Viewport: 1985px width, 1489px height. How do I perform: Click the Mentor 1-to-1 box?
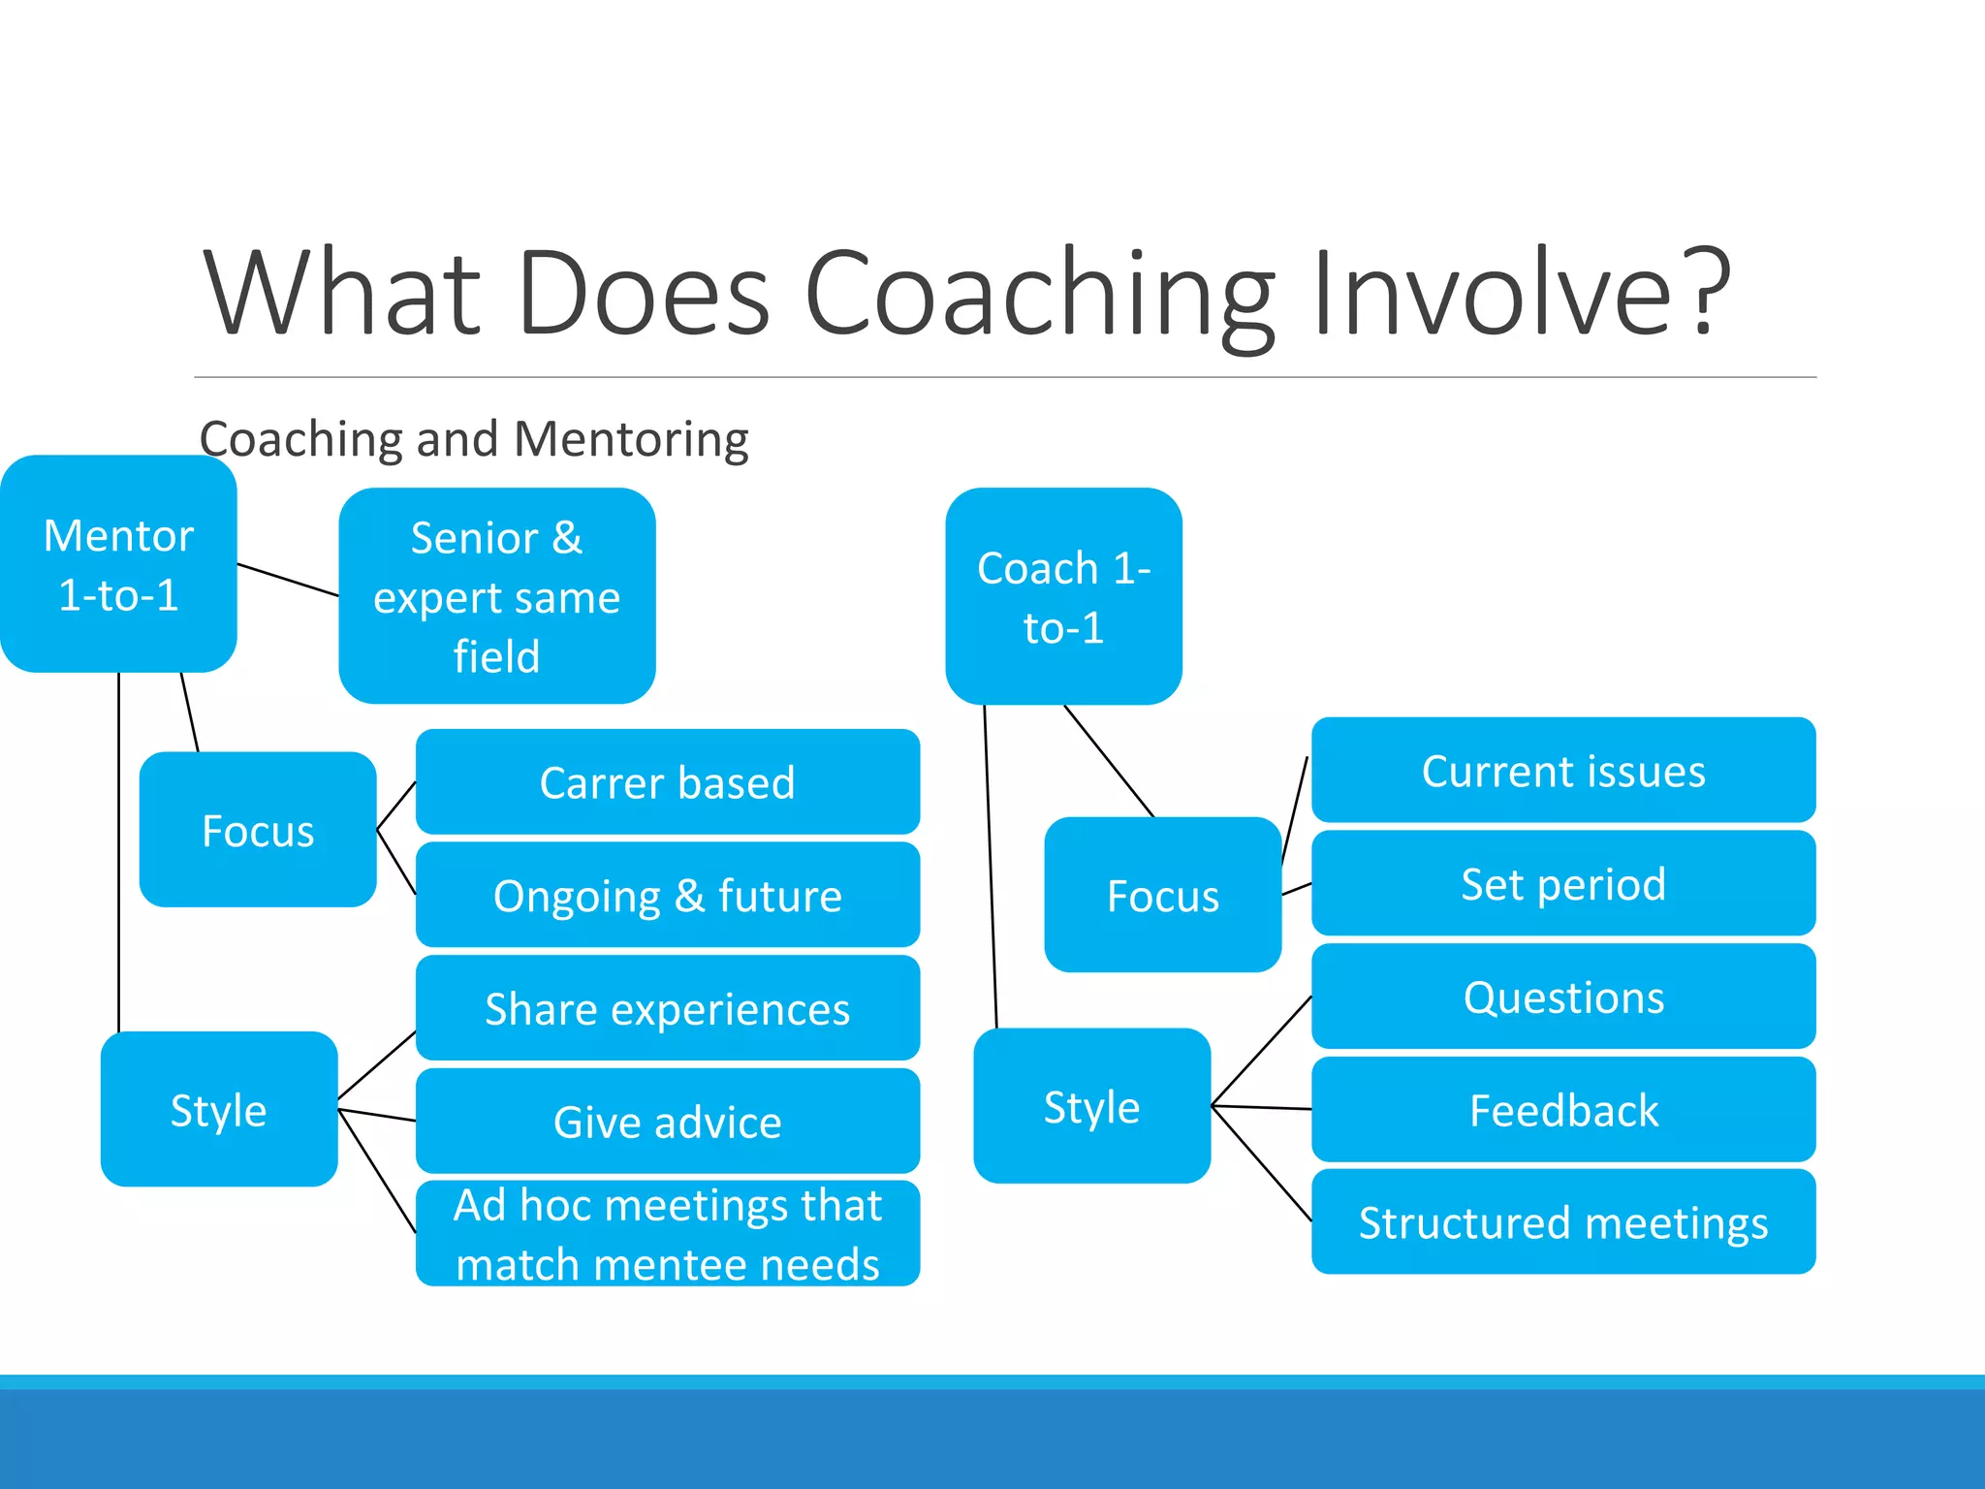118,564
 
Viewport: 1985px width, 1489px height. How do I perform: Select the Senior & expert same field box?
496,596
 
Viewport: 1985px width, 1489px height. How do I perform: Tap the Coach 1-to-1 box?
1063,596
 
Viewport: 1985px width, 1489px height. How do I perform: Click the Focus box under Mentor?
258,830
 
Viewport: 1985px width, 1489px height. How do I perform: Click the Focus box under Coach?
1162,895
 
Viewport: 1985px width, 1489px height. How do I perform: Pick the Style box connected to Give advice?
219,1109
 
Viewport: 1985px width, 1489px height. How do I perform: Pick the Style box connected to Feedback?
1091,1106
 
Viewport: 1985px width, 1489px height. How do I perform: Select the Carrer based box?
667,781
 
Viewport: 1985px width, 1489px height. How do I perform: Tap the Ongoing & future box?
667,895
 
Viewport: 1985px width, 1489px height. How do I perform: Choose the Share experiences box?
667,1008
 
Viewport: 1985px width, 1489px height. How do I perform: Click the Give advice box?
667,1122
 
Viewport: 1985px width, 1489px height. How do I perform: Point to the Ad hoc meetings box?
667,1234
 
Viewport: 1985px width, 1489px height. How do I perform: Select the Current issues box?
1562,771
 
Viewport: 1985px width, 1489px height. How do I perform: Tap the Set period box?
1562,883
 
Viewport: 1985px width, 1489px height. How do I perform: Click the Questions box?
1562,997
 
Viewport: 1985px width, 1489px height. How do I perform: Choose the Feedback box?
1562,1110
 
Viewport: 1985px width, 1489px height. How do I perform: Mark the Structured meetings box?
1562,1221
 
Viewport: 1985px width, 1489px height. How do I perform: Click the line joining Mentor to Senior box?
288,580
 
